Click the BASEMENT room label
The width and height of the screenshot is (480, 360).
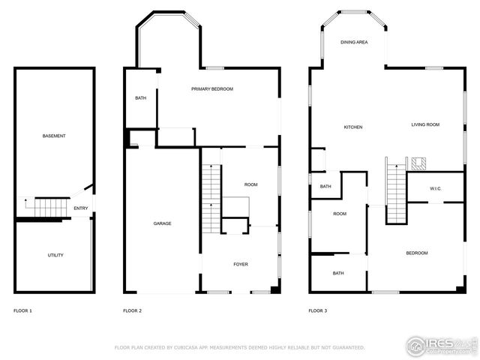(54, 136)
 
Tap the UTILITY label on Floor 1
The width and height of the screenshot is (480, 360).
(55, 255)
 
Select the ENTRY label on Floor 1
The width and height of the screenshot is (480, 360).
(80, 208)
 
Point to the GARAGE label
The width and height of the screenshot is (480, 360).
(163, 223)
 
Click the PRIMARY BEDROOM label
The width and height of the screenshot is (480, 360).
(212, 89)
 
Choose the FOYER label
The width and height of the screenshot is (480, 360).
(241, 264)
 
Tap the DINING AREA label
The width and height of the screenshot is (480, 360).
(354, 43)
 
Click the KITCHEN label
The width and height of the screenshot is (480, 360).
(353, 127)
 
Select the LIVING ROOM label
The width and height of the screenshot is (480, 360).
(425, 124)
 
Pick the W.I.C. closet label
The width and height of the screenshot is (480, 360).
(435, 188)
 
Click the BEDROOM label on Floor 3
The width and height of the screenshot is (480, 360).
(417, 253)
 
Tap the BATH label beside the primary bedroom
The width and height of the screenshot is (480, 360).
(141, 98)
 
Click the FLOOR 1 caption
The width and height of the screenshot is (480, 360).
(23, 310)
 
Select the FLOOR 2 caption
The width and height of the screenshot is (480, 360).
(133, 310)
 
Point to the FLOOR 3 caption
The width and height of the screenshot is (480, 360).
(318, 310)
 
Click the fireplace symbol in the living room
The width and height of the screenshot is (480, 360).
(418, 163)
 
